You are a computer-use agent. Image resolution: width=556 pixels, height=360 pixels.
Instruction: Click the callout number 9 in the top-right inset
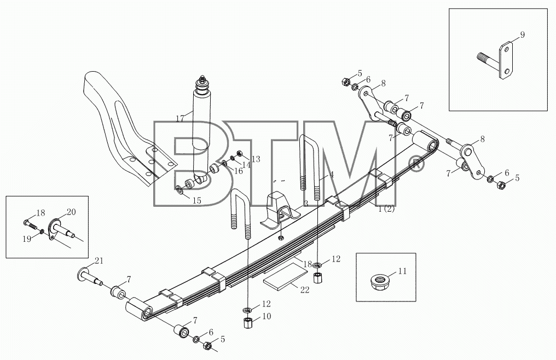(x=522, y=35)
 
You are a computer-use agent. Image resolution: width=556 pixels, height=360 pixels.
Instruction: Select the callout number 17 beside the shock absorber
(x=180, y=119)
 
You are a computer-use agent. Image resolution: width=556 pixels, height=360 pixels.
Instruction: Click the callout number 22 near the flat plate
(x=305, y=290)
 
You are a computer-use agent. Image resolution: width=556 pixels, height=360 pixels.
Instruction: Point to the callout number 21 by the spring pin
(x=99, y=261)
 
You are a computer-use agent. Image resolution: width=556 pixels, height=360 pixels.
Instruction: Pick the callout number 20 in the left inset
(x=71, y=212)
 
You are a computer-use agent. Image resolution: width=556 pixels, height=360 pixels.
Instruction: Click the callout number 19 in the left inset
(x=27, y=239)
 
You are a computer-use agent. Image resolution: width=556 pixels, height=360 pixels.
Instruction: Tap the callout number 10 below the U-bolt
(x=267, y=316)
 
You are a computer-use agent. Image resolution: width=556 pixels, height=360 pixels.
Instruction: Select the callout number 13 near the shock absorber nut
(x=256, y=159)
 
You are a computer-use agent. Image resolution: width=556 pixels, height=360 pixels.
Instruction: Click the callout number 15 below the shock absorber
(x=196, y=201)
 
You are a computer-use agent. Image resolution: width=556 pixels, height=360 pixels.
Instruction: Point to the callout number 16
(x=238, y=171)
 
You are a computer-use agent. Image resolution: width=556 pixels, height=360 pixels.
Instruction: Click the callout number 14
(x=246, y=165)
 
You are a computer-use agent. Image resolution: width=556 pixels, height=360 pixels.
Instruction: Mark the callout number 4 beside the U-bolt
(x=331, y=175)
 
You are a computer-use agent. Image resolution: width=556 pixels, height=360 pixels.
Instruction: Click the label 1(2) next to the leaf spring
(x=386, y=209)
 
